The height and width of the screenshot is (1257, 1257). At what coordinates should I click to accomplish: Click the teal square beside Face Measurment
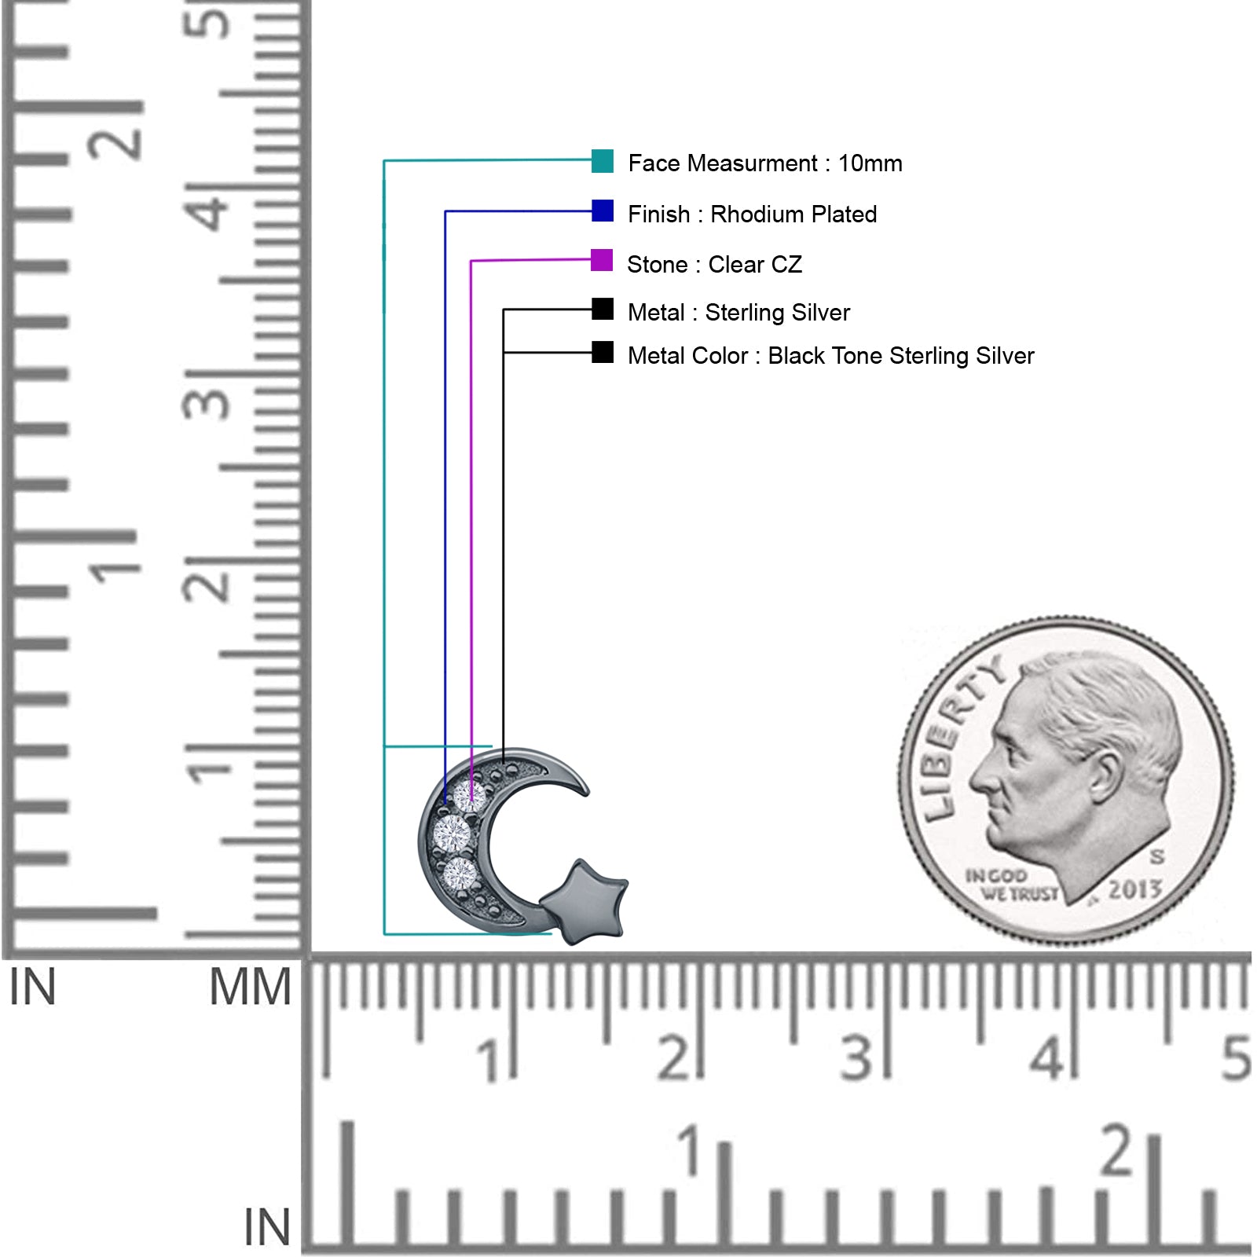click(603, 160)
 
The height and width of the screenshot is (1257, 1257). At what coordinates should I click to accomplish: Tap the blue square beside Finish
click(603, 211)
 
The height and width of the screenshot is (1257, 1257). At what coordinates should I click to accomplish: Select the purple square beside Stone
click(602, 260)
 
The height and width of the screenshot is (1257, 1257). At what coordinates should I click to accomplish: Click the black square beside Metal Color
click(603, 352)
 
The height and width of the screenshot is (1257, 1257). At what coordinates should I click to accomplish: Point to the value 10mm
click(870, 163)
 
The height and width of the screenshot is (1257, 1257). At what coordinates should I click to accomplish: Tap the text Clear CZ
click(755, 265)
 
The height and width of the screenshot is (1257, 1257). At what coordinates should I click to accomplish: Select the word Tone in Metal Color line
click(858, 356)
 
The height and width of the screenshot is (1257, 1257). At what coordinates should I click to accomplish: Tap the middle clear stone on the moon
click(453, 833)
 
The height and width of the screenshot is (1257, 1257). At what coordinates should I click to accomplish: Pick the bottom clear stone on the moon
click(460, 874)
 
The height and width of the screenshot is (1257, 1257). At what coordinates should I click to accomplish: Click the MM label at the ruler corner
click(250, 987)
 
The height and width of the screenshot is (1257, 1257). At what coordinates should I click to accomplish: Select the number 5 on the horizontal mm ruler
click(1236, 1058)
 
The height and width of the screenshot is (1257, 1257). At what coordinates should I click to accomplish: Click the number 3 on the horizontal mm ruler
click(856, 1058)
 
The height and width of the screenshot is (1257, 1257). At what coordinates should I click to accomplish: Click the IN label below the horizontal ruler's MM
click(267, 1226)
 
